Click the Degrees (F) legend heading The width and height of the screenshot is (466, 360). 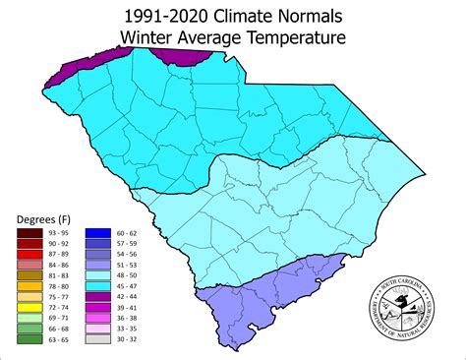(x=42, y=217)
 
